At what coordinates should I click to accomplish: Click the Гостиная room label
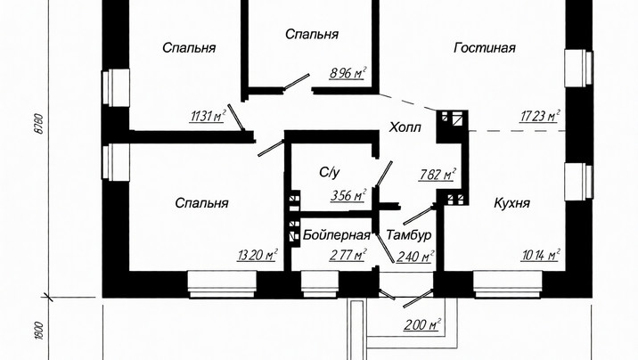[x=484, y=48]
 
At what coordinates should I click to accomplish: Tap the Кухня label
[x=511, y=203]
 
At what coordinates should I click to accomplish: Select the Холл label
[x=405, y=127]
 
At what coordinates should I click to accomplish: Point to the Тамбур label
[x=408, y=234]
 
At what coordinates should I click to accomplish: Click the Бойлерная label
[x=337, y=234]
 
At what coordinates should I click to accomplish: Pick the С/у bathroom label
[x=330, y=173]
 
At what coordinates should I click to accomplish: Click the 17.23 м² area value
[x=539, y=117]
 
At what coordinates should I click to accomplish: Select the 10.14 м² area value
[x=540, y=255]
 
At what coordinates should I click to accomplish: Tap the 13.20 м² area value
[x=258, y=255]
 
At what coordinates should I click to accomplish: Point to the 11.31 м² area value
[x=208, y=117]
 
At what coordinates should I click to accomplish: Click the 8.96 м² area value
[x=348, y=73]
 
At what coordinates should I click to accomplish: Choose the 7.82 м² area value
[x=437, y=175]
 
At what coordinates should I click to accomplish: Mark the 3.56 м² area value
[x=348, y=195]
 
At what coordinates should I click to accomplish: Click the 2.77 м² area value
[x=348, y=255]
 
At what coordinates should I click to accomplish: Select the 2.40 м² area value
[x=415, y=257]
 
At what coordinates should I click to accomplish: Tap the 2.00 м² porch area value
[x=422, y=325]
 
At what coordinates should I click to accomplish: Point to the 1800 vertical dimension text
[x=38, y=331]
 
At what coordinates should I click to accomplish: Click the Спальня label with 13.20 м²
[x=201, y=203]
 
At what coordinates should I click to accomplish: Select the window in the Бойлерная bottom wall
[x=319, y=284]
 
